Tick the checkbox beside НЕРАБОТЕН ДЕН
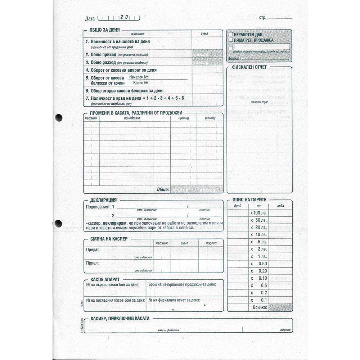230,34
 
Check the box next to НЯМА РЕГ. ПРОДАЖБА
230,40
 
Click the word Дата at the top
90,18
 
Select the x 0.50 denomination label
259,264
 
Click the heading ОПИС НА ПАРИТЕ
249,199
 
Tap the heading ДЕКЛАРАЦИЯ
103,200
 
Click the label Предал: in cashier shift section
94,249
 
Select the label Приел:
93,263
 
